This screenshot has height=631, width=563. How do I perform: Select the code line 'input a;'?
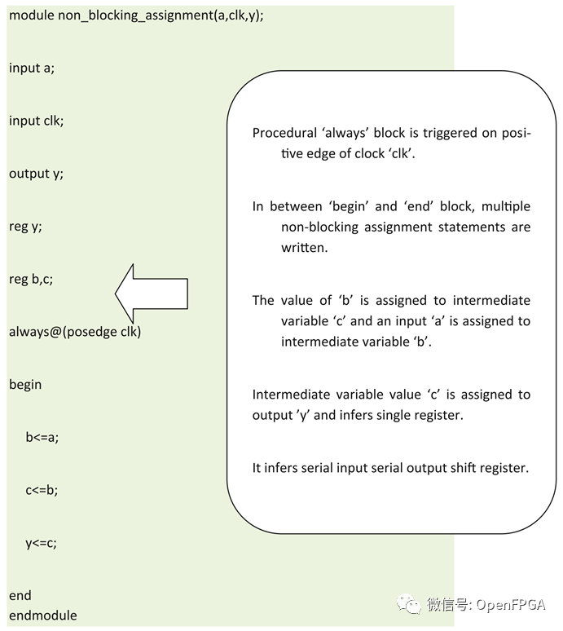click(x=32, y=68)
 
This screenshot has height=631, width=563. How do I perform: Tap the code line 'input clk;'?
click(x=37, y=121)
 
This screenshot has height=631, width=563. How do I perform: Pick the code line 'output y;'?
click(x=36, y=174)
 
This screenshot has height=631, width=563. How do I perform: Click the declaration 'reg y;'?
click(x=25, y=227)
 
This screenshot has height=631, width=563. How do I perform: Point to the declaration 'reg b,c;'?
click(x=31, y=279)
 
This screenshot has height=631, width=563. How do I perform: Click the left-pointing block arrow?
click(x=152, y=292)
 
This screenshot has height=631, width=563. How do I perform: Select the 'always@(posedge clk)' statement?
click(x=75, y=332)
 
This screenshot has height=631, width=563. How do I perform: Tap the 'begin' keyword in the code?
click(x=25, y=384)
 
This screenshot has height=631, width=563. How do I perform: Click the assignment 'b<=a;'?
click(x=42, y=437)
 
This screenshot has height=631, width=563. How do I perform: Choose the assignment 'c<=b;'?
click(x=42, y=490)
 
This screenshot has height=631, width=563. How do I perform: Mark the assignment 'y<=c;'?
click(x=42, y=542)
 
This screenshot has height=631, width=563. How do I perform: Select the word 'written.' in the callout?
click(x=305, y=247)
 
